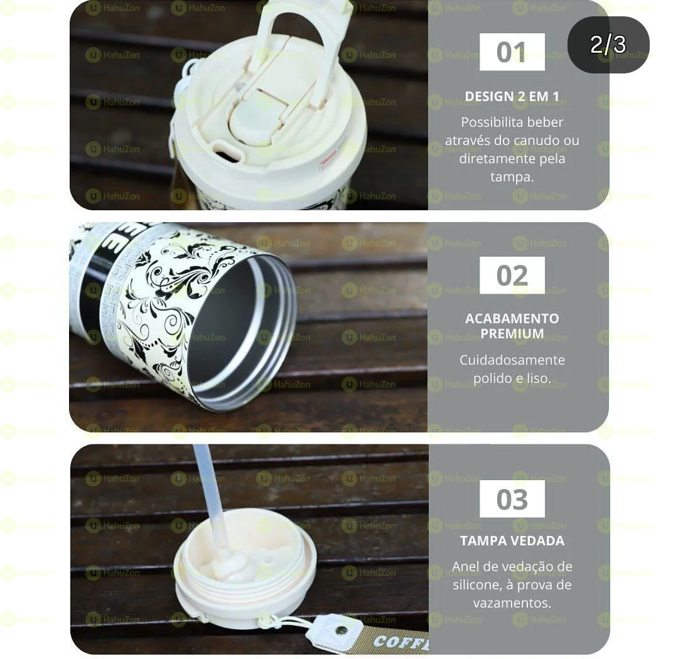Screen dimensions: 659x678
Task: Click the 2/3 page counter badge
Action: pyautogui.click(x=608, y=45)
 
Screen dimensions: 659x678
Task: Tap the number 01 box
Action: pyautogui.click(x=512, y=52)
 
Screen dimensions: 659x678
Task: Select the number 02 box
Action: pyautogui.click(x=512, y=276)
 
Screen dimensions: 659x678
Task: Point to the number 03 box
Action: pyautogui.click(x=512, y=500)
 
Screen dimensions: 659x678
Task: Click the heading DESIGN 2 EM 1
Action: pyautogui.click(x=512, y=97)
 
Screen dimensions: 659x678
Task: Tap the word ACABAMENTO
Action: pyautogui.click(x=512, y=318)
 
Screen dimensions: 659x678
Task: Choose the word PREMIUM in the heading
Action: pyautogui.click(x=512, y=334)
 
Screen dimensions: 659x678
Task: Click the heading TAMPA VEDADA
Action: pyautogui.click(x=512, y=541)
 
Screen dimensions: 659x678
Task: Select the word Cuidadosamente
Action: pyautogui.click(x=512, y=360)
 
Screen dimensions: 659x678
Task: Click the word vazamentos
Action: pyautogui.click(x=512, y=603)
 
